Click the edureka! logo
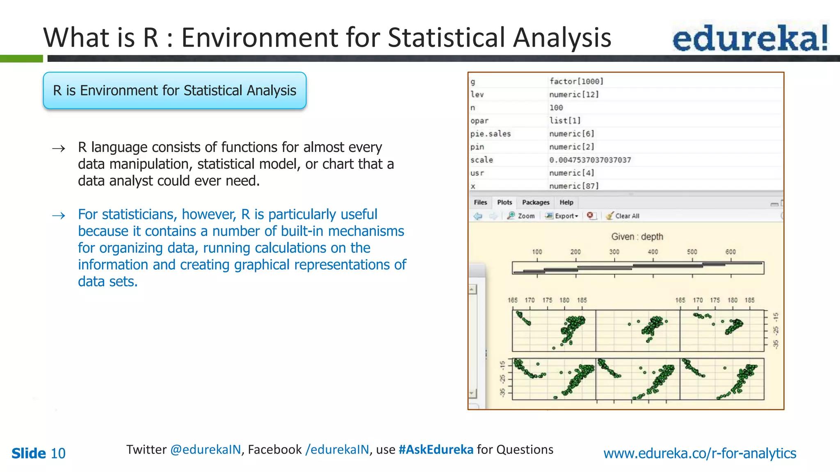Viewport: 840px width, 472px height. (x=750, y=38)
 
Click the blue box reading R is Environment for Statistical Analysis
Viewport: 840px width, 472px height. (x=175, y=91)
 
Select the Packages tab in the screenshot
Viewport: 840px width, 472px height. (x=535, y=202)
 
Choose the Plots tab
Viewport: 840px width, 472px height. (x=504, y=202)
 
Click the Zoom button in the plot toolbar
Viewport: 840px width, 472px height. (x=521, y=216)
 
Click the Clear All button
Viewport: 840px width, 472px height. (x=623, y=216)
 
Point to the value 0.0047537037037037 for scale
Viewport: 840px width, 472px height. (x=590, y=160)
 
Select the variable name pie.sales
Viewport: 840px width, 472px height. (x=491, y=134)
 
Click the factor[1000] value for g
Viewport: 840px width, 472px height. (x=576, y=81)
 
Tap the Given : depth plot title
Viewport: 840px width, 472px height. (x=637, y=237)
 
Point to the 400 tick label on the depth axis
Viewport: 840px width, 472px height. (x=653, y=252)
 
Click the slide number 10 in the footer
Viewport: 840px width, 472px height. (x=58, y=453)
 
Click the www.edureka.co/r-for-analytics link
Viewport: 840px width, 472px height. (x=700, y=453)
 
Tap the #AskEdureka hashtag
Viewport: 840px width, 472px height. (x=436, y=449)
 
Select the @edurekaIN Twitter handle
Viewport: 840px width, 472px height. (x=205, y=449)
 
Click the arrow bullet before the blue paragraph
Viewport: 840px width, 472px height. (x=59, y=216)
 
